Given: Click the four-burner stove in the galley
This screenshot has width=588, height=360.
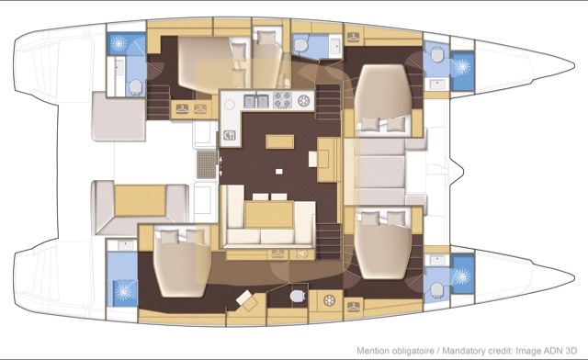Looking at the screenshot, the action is click(x=282, y=100).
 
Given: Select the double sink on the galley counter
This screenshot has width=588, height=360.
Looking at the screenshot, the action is click(x=256, y=100).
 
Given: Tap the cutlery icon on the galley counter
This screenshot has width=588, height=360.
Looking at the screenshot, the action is click(x=230, y=135).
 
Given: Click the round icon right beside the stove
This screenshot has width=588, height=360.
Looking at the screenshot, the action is click(x=304, y=100).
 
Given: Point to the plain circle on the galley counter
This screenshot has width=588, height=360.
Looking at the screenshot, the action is click(x=229, y=105).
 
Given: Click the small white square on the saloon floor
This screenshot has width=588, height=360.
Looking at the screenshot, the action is click(x=278, y=172).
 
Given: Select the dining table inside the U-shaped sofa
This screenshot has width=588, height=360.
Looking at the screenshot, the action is click(x=269, y=215).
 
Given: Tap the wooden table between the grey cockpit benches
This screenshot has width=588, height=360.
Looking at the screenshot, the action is click(x=140, y=200).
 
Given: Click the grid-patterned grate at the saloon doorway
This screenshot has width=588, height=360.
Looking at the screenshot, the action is click(x=207, y=164).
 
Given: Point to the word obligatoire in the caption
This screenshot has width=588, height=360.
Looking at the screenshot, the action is click(x=411, y=351).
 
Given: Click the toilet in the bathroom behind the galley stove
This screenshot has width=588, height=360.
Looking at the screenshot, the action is click(x=300, y=46).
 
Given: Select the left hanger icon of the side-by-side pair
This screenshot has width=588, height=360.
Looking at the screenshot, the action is click(x=182, y=108).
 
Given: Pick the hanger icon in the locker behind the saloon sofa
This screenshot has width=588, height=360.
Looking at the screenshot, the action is click(x=277, y=253).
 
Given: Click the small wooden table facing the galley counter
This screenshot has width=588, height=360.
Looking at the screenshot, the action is click(x=279, y=141).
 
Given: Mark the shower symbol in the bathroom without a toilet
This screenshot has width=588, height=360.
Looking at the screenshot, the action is click(x=123, y=291).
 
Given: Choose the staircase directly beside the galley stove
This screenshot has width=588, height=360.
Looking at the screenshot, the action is click(x=329, y=101).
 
